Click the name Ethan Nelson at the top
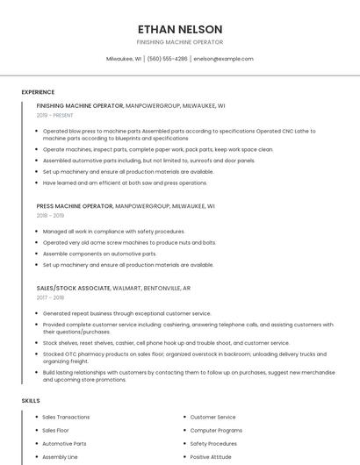[180, 29]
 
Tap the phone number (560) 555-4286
[167, 59]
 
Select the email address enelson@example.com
[223, 59]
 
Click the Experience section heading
[38, 92]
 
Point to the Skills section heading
[31, 400]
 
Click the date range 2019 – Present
[55, 115]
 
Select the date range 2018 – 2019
[50, 215]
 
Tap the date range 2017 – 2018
[50, 297]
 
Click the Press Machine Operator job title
[75, 205]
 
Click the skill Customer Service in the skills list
[212, 418]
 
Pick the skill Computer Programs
[216, 431]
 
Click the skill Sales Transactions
[67, 418]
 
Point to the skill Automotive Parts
[65, 444]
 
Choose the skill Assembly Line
[61, 457]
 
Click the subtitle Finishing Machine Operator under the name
[180, 42]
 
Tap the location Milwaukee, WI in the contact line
[124, 59]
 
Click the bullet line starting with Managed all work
[114, 232]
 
